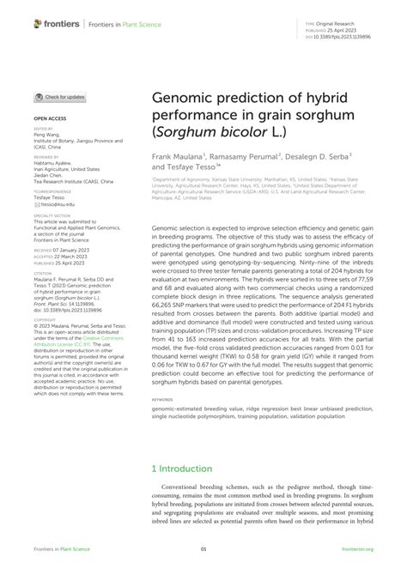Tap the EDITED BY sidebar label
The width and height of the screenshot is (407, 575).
click(43, 130)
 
